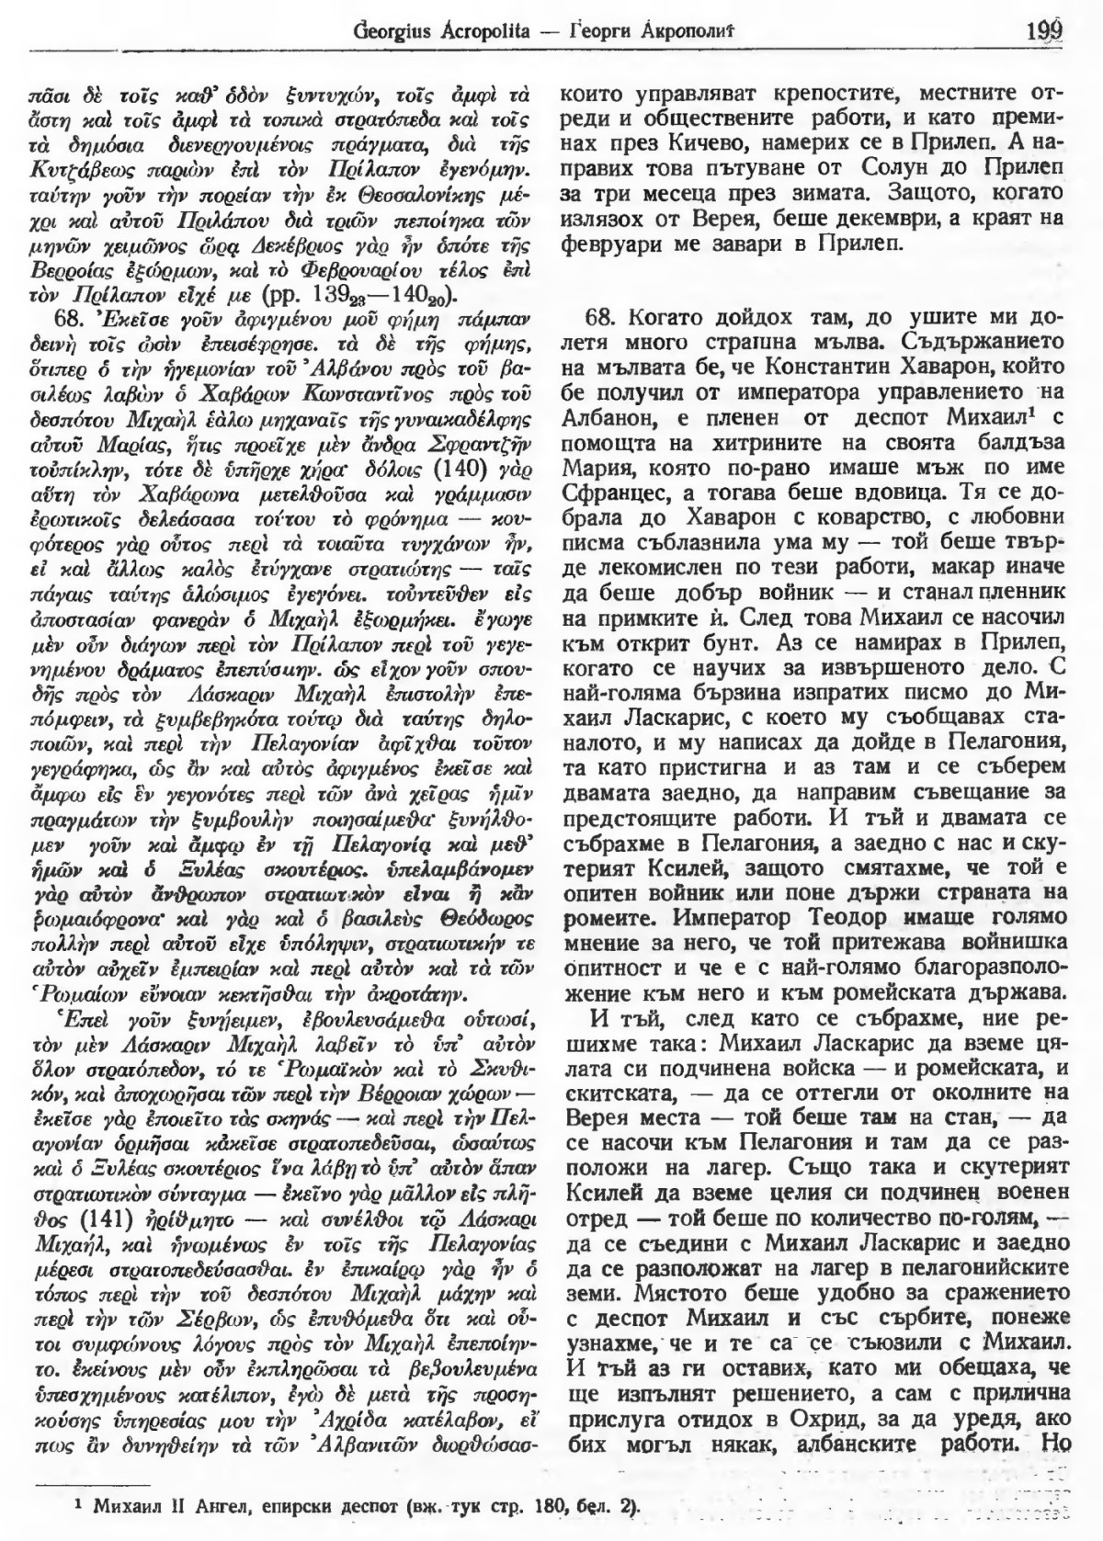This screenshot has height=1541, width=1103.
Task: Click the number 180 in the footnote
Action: point(525,1507)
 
